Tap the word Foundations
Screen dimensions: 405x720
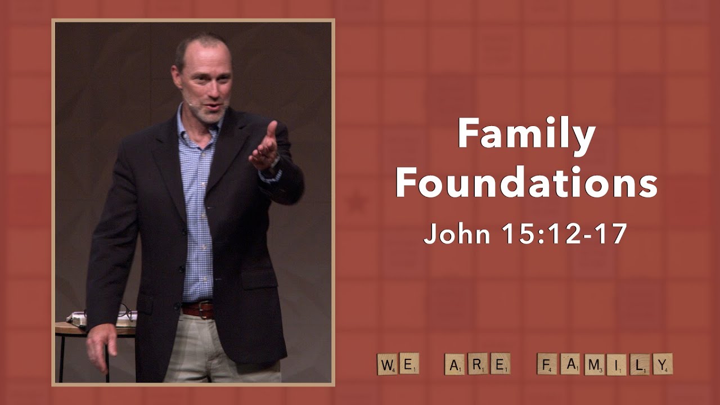coord(526,183)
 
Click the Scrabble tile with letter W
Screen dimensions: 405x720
coord(387,364)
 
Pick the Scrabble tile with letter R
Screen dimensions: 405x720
coord(478,364)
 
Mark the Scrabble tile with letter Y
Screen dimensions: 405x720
coord(662,364)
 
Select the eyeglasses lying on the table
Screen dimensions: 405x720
coord(125,311)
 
